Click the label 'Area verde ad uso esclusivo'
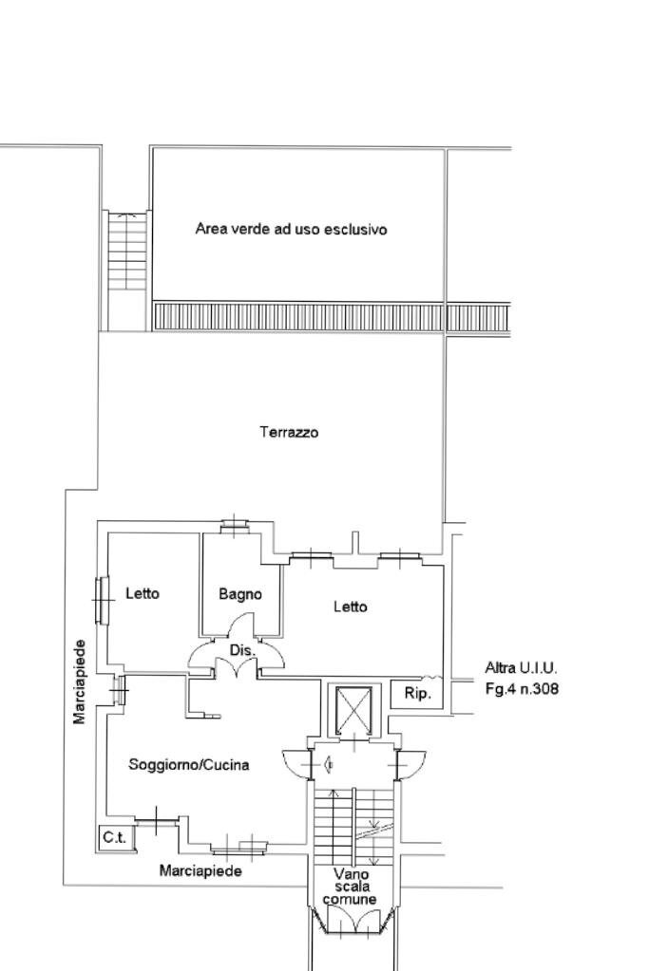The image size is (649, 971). tap(291, 229)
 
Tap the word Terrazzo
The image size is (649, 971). tap(289, 432)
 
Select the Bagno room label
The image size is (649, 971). tap(239, 594)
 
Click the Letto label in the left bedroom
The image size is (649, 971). tap(143, 593)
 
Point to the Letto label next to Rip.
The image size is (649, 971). tap(350, 607)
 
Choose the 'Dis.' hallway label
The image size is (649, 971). tap(242, 650)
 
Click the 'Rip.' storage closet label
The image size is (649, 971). tap(417, 694)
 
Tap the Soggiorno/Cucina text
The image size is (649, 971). tap(189, 764)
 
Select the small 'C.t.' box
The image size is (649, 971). tap(115, 837)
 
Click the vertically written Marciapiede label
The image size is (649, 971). tap(80, 682)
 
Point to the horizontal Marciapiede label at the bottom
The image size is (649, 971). tap(200, 870)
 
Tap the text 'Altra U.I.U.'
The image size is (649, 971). tap(521, 667)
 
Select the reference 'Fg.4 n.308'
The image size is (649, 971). tap(522, 689)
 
